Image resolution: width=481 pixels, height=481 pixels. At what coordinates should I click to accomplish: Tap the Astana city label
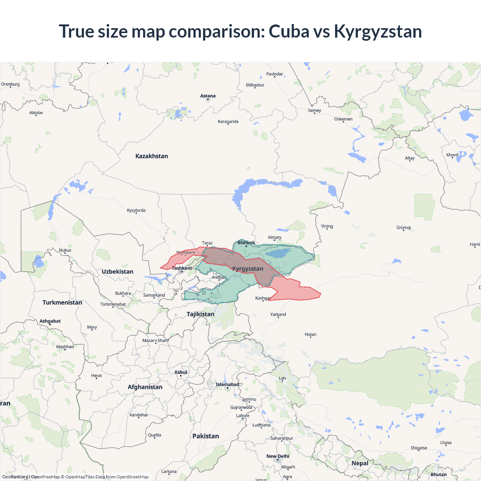pos(208,96)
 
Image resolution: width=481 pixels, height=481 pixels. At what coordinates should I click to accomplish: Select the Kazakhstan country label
pos(151,156)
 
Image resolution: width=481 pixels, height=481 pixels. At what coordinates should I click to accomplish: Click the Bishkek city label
pos(246,242)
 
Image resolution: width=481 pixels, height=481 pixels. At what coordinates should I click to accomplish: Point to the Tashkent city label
pos(182,268)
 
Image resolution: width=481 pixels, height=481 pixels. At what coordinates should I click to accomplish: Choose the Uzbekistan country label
pos(117,271)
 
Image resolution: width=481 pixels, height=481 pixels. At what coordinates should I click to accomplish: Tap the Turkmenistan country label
pos(62,303)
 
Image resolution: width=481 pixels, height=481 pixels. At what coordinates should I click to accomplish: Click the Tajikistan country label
pos(200,314)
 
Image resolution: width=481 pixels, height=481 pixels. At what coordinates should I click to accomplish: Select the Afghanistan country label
pos(145,387)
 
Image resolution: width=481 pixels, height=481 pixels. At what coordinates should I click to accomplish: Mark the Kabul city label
pos(181,372)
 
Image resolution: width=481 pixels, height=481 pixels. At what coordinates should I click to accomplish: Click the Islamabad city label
pos(227,384)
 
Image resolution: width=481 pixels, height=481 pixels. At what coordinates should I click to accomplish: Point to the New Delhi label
pos(278,456)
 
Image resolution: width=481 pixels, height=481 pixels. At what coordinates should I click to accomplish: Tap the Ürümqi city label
pos(404,227)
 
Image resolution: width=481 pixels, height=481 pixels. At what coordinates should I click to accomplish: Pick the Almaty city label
pos(274,237)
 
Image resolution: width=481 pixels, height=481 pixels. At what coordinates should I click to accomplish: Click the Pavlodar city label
pos(274,74)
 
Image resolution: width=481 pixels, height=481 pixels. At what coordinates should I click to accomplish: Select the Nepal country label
pos(360,463)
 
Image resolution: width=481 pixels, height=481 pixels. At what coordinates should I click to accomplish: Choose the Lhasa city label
pos(446,442)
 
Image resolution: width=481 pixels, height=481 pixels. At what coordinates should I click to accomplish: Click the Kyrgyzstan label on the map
pos(248,269)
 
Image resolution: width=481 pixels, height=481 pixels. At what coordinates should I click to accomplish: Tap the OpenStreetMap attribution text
pos(132,477)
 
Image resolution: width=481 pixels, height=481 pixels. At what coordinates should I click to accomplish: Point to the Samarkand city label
pos(154,295)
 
